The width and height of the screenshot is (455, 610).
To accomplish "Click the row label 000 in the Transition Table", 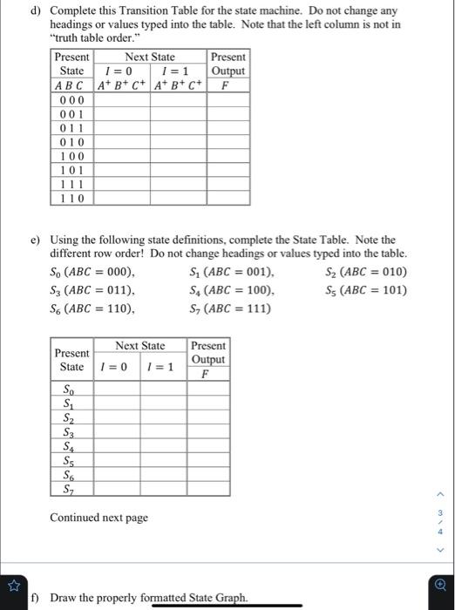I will [71, 100].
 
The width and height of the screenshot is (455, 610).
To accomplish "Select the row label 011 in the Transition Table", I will [71, 128].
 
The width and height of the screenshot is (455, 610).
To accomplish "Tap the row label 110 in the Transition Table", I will [71, 198].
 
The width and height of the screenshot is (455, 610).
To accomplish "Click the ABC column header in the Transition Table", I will [71, 85].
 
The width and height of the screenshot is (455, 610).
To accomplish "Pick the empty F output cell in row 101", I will [228, 170].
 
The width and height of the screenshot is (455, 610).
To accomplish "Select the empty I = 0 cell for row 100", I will [121, 156].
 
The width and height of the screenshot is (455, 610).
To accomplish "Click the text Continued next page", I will [98, 518].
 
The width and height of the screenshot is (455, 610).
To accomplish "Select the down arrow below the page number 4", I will [441, 549].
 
